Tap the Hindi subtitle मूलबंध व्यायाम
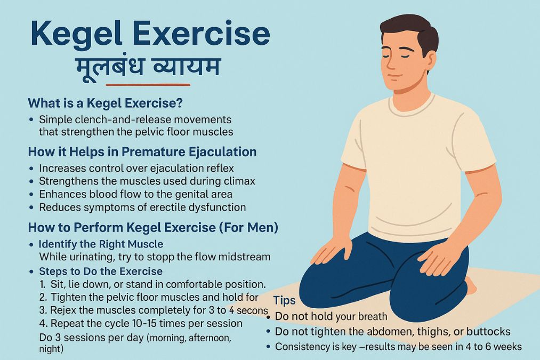[148, 67]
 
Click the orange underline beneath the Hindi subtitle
[148, 84]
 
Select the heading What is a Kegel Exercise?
[106, 103]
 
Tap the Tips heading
[285, 300]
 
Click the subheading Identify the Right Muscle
[101, 244]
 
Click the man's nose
[391, 63]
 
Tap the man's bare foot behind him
[472, 285]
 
